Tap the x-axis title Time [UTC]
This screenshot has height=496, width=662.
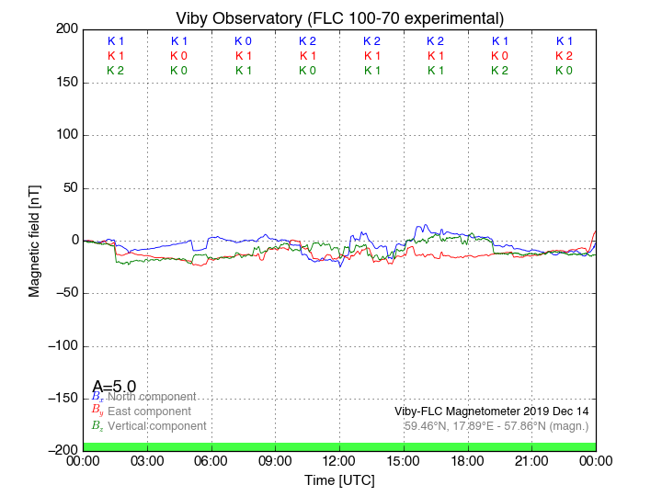339,480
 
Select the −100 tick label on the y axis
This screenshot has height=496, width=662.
61,346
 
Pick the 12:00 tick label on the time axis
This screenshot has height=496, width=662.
339,460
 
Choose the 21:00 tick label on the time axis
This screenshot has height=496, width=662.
531,460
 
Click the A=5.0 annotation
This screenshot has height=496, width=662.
114,387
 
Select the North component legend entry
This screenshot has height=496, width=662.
152,397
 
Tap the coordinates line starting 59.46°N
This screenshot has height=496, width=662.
496,425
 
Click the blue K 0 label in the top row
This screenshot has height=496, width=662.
243,41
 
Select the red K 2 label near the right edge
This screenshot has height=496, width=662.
564,55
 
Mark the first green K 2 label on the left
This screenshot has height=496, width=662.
115,70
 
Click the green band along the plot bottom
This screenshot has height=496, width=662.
339,445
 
